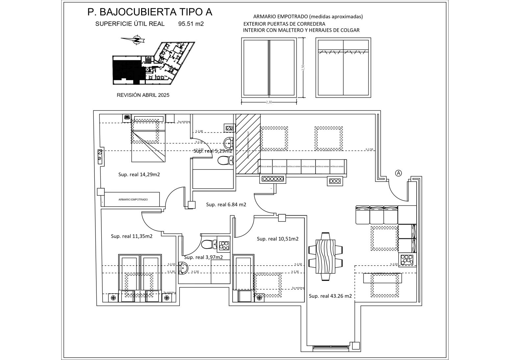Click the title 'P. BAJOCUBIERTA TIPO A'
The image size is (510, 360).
pos(150,12)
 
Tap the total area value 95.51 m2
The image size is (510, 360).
pos(191,24)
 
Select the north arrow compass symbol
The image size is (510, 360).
pos(135,40)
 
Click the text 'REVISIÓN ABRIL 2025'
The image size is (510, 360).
pos(143,95)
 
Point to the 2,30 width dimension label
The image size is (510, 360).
pos(269,102)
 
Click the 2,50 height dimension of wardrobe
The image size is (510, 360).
pos(303,67)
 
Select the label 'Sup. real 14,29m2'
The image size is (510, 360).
pos(139,175)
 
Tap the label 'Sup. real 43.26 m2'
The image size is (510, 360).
pos(330,296)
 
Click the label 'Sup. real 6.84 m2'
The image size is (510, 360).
pos(226,204)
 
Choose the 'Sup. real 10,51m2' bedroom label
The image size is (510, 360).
pos(277,239)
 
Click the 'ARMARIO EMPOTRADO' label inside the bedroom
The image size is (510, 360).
pos(133,200)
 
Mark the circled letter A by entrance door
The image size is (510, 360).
pos(398,173)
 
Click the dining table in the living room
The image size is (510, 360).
pos(325,256)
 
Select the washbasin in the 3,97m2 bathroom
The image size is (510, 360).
pos(183,268)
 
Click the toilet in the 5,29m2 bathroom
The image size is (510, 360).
pos(224,161)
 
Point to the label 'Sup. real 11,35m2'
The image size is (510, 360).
pos(131,236)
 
